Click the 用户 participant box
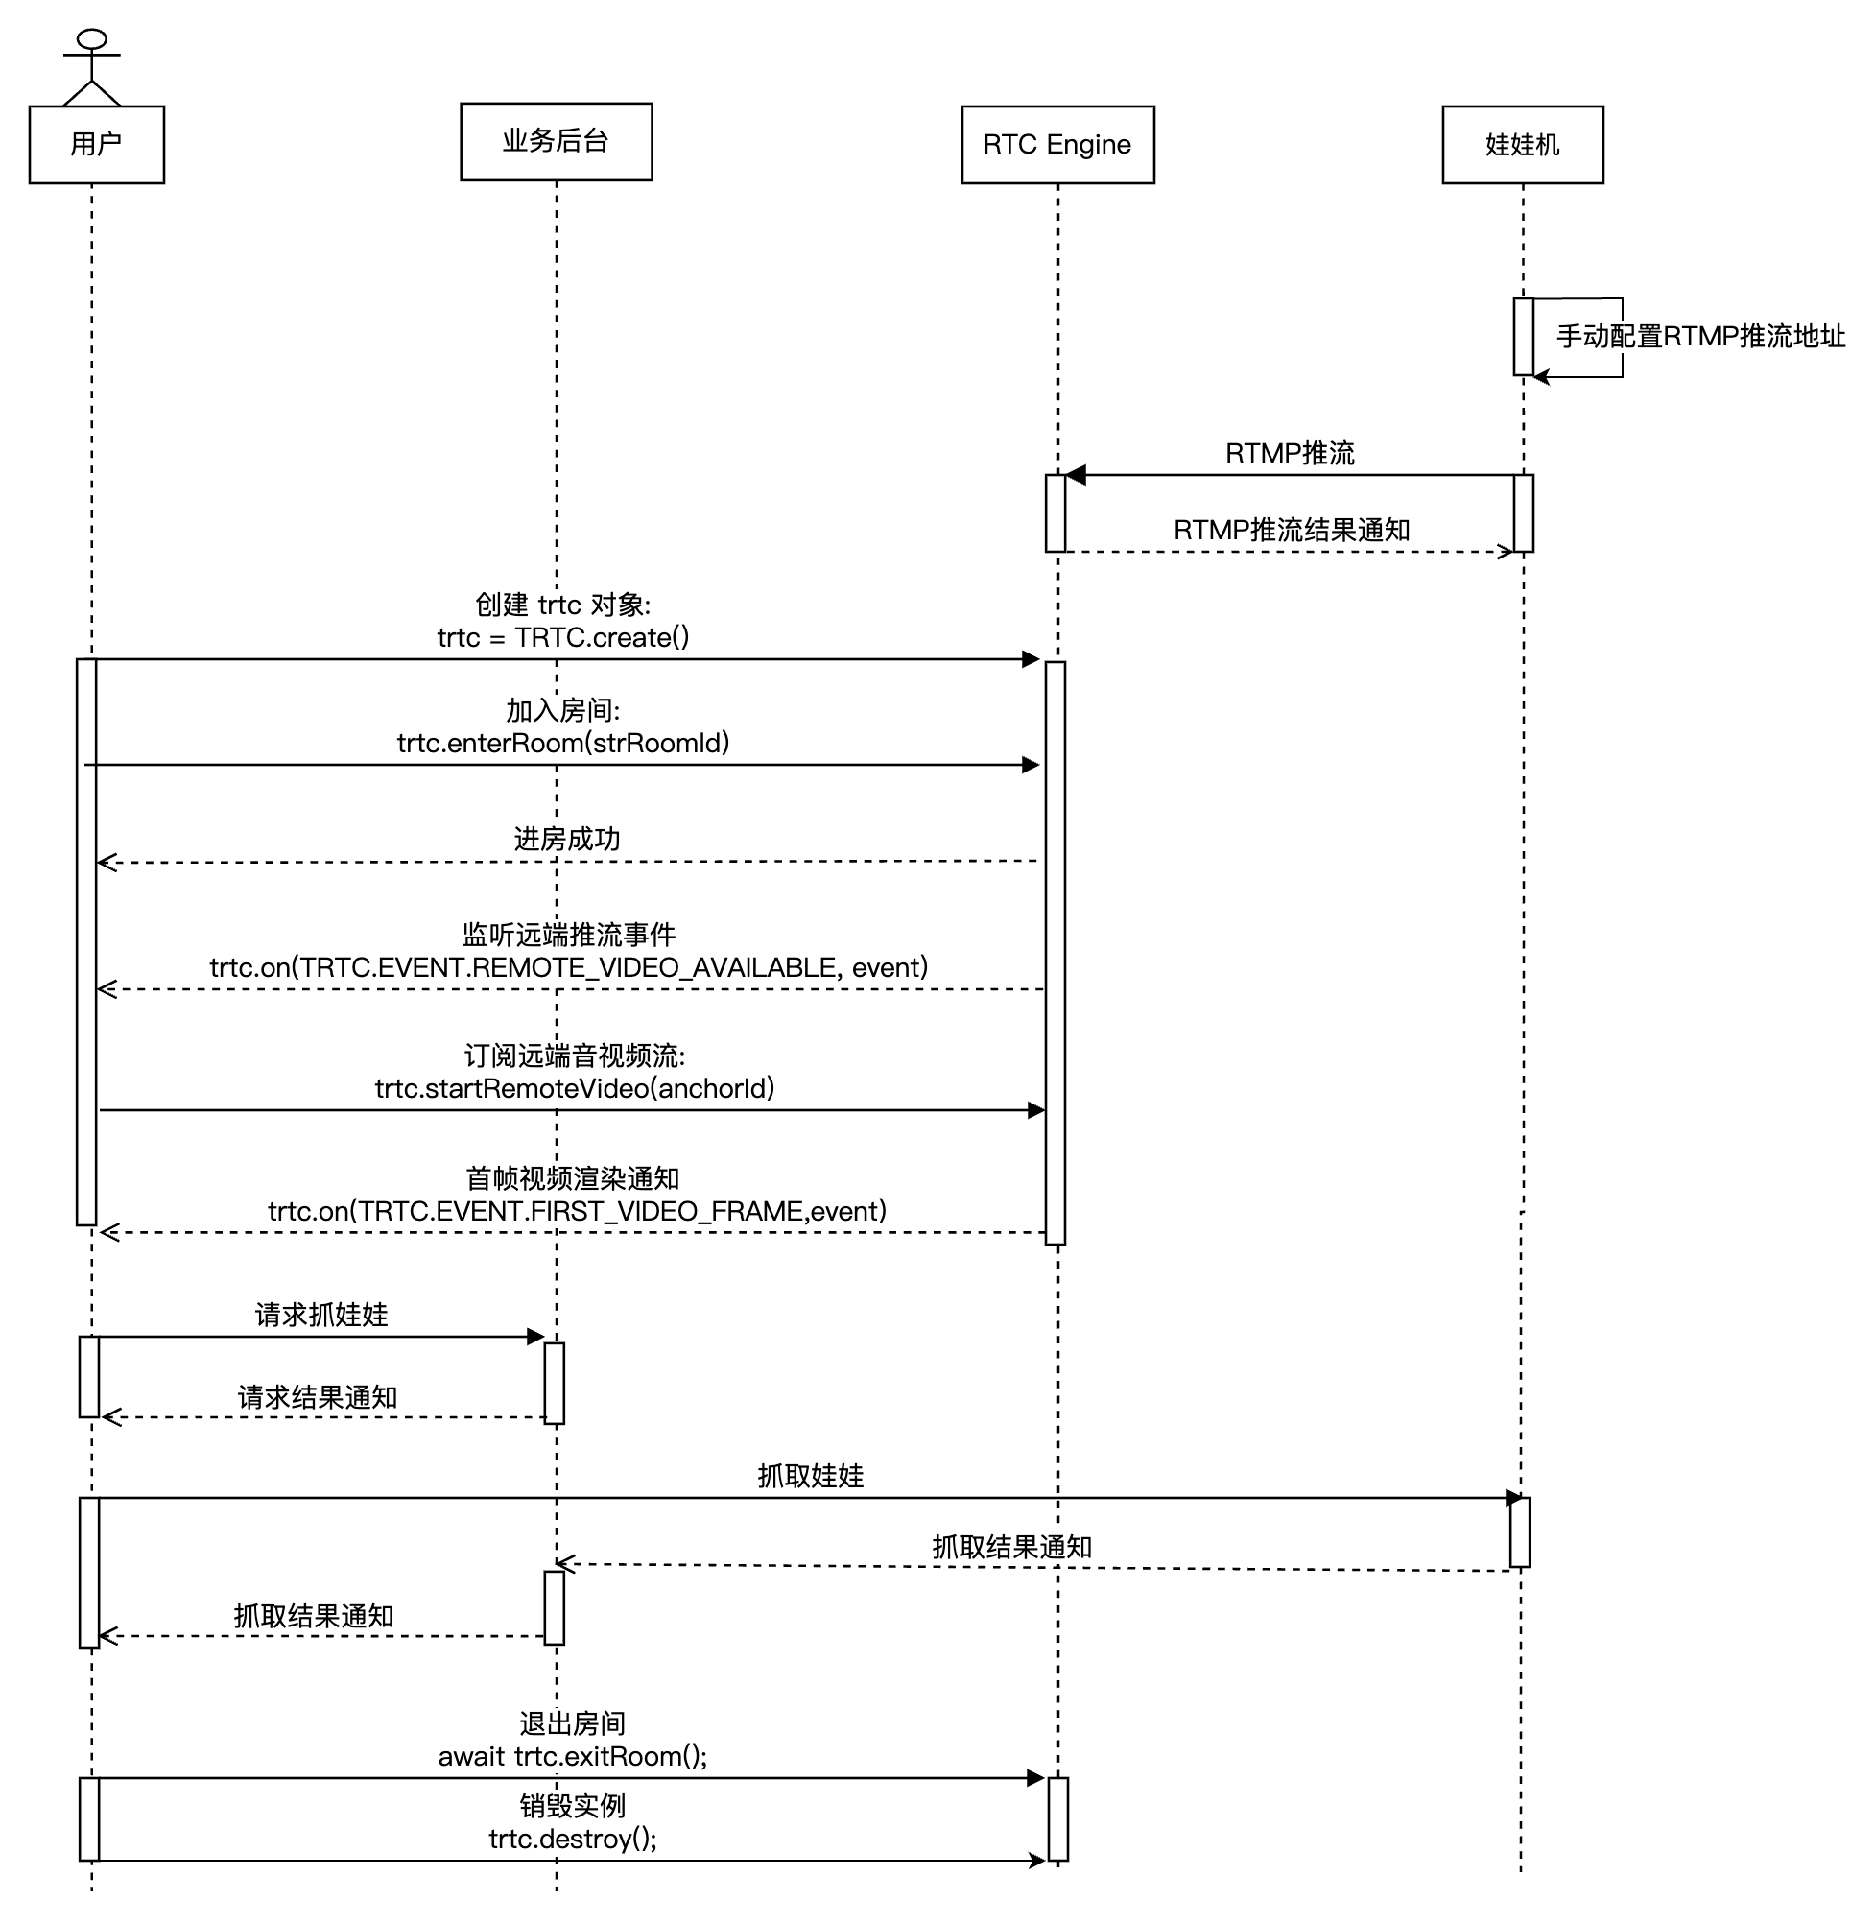pos(97,145)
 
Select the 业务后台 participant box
pos(556,142)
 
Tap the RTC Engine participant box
pos(1056,145)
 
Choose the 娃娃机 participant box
pos(1522,145)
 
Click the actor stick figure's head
pos(91,39)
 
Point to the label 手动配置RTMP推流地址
pos(1699,337)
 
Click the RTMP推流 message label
pos(1289,453)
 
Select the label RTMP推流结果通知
pos(1291,530)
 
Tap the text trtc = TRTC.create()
pos(562,637)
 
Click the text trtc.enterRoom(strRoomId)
pos(562,743)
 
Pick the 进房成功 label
pos(566,839)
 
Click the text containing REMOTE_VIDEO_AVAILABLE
pos(568,967)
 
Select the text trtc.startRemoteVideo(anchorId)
pos(574,1088)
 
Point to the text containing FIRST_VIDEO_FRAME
pos(577,1210)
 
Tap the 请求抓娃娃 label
pos(321,1315)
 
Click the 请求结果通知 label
pos(317,1397)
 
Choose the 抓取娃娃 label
pos(810,1476)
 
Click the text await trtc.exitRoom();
pos(572,1756)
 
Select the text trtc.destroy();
pos(572,1839)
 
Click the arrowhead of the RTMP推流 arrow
pos(1076,476)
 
